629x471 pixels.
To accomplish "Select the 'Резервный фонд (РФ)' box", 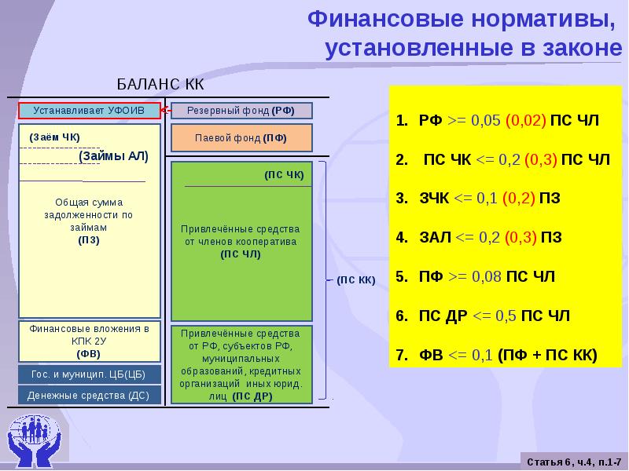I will (x=241, y=111).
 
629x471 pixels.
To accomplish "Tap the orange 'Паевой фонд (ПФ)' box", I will (x=241, y=137).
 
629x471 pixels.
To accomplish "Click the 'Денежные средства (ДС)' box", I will (x=88, y=396).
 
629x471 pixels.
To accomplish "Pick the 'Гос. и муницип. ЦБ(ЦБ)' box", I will (x=88, y=374).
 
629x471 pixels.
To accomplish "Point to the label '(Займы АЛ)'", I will (x=113, y=156).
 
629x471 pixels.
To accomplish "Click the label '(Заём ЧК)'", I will (x=50, y=137).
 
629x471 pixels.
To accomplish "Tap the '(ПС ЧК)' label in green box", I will (x=285, y=173).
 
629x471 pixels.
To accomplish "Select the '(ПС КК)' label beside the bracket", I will (x=356, y=279).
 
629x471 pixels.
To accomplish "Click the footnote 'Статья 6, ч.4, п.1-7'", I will (x=573, y=459).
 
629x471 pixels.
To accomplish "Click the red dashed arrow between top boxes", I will (x=166, y=111).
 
